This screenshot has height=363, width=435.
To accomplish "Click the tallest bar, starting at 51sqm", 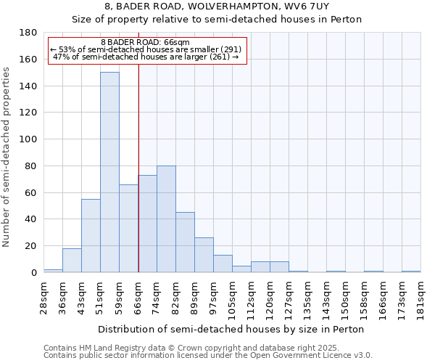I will coord(109,172).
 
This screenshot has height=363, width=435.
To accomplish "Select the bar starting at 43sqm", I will coord(91,236).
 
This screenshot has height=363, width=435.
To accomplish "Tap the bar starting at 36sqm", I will coord(72,260).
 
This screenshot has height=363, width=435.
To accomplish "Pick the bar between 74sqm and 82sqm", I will coord(166,219).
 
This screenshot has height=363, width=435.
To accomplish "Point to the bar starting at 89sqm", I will coord(204,255).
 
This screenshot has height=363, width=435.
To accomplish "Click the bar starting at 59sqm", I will coord(128,229).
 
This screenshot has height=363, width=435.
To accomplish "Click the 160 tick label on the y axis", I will coord(28,60).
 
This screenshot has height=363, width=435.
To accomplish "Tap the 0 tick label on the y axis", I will coord(34,273).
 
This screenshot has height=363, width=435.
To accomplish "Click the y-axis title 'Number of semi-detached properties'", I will coord(7,157).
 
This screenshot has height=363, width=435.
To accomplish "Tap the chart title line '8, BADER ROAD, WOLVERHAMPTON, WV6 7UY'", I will coord(217,7).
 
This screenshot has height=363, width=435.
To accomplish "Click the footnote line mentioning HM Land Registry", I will coord(207,348).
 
